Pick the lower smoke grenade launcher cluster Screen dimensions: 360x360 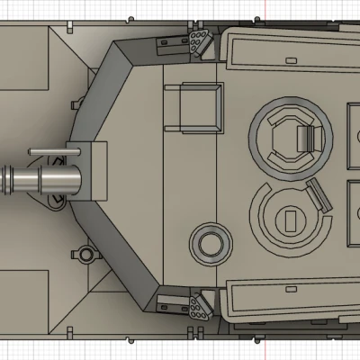pos(197,309)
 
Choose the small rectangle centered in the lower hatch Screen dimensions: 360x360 pos(290,218)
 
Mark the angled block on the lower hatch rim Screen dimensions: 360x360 pos(317,193)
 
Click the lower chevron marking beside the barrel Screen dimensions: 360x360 pos(56,200)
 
